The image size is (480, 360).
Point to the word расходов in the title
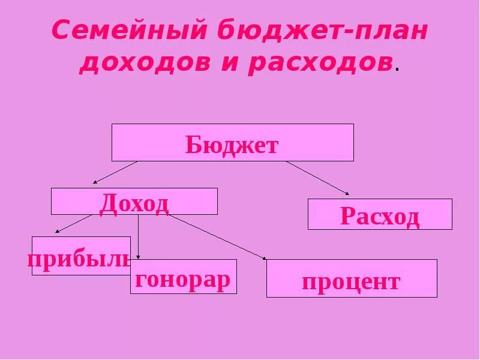coord(320,63)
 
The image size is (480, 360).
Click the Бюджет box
coord(232,142)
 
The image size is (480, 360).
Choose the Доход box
coord(134,201)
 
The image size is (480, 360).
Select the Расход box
coord(379,214)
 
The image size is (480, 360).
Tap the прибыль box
coord(81,256)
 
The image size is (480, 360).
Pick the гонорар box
coord(183,277)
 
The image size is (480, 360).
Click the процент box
coord(351,278)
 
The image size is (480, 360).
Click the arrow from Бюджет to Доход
coord(115,172)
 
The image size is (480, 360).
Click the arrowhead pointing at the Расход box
coord(346,193)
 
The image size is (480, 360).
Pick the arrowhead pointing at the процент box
coord(264,258)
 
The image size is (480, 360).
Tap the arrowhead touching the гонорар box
coord(139,257)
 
